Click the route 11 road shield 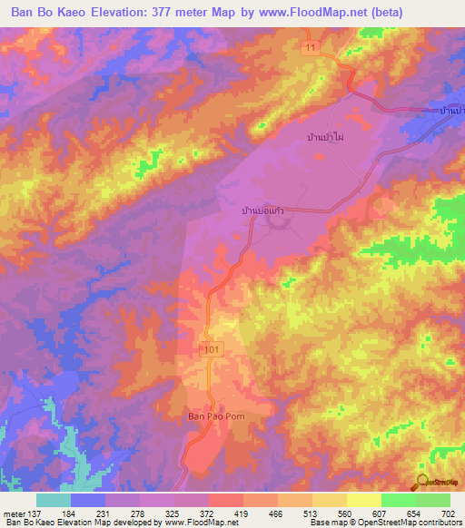[x=311, y=46]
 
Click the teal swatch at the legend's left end [x=54, y=500]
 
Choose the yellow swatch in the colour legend [x=363, y=500]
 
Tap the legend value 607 [x=391, y=513]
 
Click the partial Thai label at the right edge [x=450, y=110]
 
